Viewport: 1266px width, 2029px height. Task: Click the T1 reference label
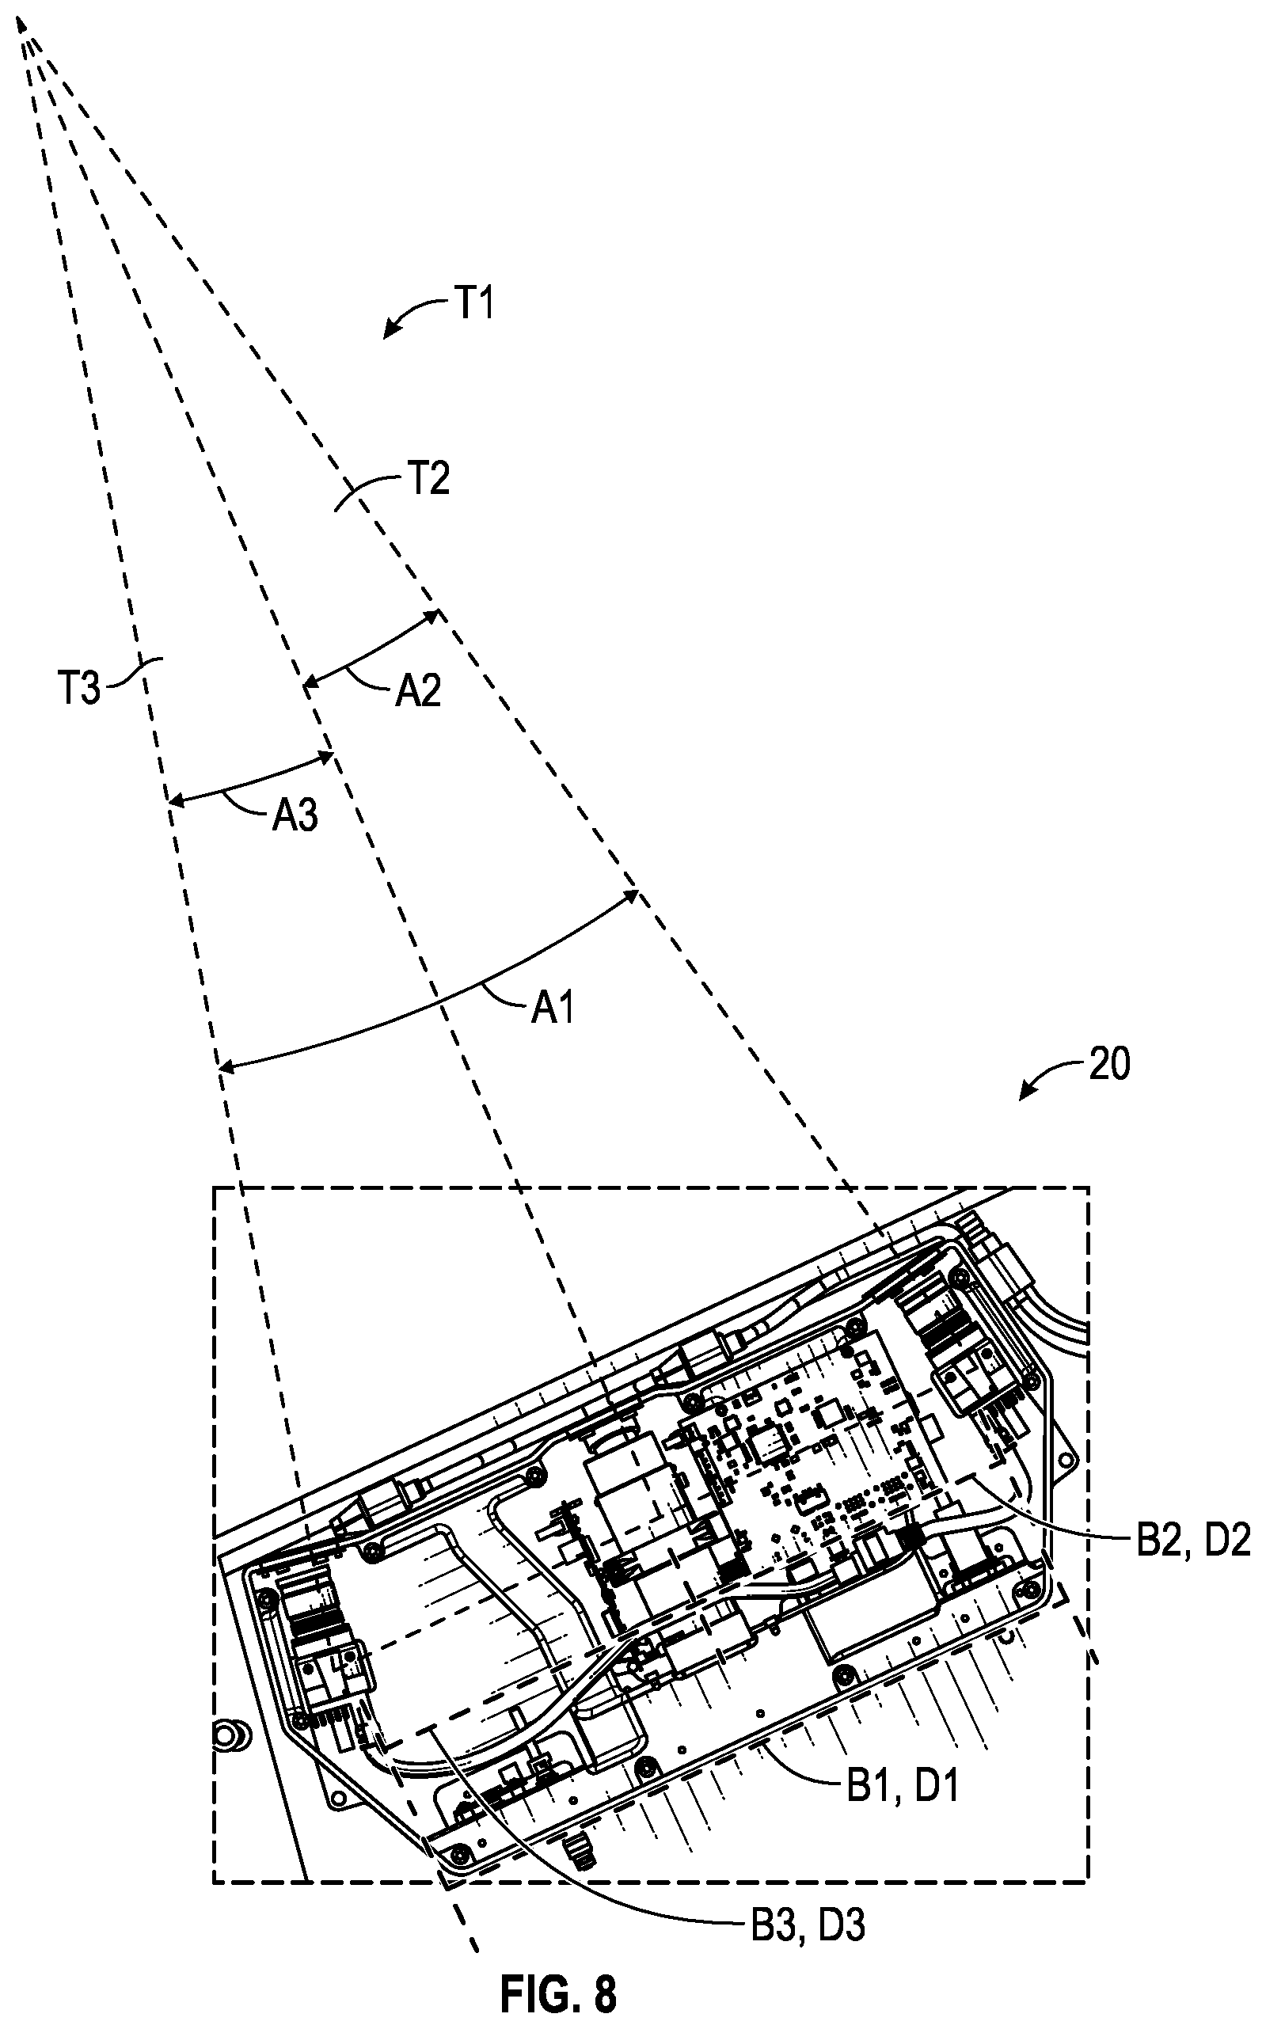474,305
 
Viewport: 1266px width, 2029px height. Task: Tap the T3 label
78,690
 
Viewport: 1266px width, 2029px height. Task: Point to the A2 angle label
418,691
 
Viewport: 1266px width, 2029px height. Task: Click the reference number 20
1108,1065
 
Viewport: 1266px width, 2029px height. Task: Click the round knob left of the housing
229,1732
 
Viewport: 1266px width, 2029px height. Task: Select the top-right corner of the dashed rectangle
1089,1187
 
